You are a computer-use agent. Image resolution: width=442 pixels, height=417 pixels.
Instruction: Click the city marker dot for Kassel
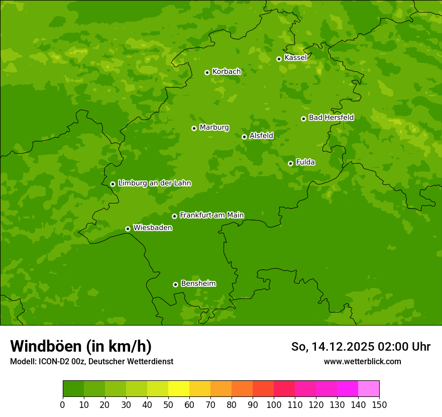(x=279, y=59)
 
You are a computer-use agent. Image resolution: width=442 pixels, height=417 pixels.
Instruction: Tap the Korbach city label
(x=227, y=72)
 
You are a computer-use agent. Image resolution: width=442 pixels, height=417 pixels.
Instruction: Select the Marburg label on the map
(x=214, y=128)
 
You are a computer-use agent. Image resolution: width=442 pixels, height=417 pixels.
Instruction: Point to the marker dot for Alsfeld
(x=244, y=137)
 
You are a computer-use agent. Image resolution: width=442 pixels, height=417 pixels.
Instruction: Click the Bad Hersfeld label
(x=331, y=118)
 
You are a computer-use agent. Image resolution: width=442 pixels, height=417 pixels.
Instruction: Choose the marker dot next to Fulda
(x=290, y=163)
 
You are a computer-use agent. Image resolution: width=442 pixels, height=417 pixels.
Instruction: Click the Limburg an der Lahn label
(x=155, y=183)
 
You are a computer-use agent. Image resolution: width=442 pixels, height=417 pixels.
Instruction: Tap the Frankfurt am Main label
(x=211, y=215)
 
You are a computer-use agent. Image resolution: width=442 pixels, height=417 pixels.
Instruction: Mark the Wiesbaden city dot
(x=128, y=229)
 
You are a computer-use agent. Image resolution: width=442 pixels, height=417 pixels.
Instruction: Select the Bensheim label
(x=198, y=283)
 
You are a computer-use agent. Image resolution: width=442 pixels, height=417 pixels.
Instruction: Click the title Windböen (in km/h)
(x=81, y=346)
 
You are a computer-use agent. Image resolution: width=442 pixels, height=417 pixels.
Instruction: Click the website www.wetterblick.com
(x=362, y=361)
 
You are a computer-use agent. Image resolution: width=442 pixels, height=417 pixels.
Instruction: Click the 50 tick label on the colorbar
(x=168, y=404)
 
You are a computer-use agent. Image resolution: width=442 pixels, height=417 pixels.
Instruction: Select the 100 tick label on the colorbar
(x=274, y=404)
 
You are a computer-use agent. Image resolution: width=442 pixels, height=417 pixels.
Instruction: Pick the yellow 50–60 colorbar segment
(x=179, y=389)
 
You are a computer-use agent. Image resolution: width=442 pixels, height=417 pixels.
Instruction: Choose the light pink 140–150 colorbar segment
(x=369, y=389)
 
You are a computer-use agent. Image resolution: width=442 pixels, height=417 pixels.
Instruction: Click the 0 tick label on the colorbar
(x=63, y=404)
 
